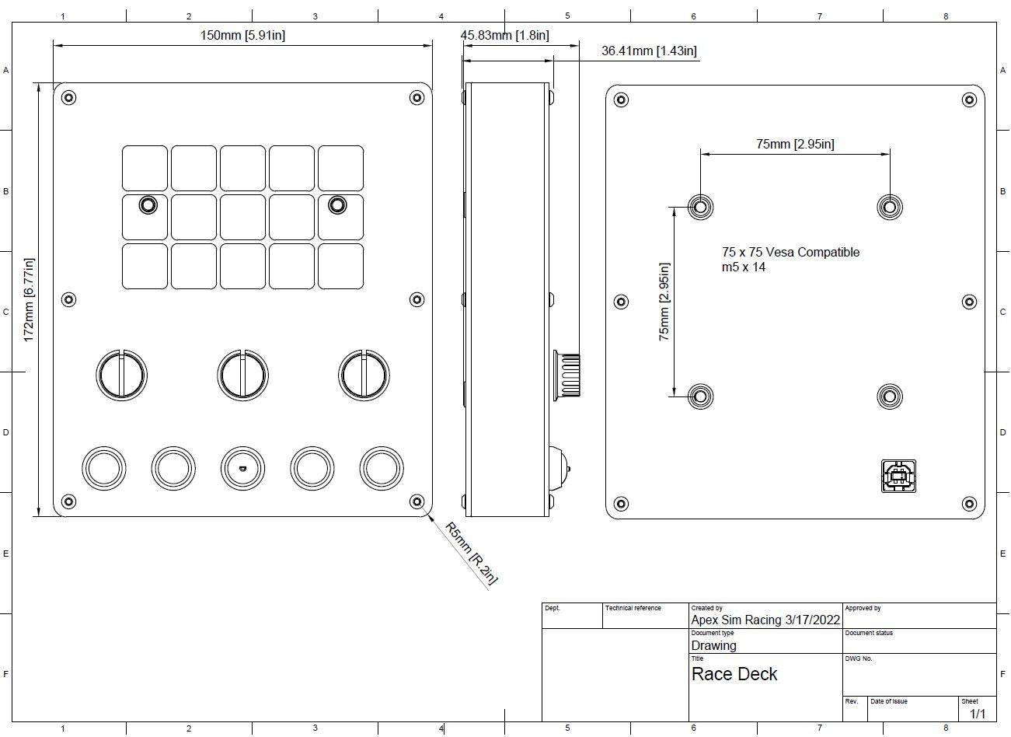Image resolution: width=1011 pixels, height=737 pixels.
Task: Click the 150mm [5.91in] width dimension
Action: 242,35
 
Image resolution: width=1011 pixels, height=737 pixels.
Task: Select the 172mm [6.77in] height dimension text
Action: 29,299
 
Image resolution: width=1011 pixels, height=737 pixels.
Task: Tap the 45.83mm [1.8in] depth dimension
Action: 504,35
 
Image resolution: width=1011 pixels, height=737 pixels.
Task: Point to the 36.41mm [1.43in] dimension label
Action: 649,51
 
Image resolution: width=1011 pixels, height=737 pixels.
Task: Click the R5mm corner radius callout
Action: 471,553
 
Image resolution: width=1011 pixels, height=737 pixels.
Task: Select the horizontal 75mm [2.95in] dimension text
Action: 795,144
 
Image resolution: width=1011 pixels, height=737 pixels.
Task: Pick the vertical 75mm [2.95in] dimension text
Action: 664,302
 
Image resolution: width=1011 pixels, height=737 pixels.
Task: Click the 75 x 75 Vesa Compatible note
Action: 790,252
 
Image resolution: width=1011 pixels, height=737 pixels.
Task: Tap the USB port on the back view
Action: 898,476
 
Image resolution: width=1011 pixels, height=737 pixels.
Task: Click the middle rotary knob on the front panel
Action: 243,375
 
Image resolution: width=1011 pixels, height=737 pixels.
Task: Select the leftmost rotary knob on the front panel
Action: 121,375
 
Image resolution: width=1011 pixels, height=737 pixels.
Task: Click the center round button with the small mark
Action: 242,469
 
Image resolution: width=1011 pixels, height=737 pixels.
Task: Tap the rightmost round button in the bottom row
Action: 381,469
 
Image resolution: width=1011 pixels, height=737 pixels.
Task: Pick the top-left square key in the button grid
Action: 145,168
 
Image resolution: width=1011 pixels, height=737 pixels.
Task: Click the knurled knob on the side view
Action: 567,375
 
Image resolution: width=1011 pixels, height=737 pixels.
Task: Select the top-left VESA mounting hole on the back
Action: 700,207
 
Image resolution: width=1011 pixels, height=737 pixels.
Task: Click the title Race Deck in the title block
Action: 734,674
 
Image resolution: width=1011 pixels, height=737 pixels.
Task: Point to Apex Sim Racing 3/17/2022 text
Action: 765,620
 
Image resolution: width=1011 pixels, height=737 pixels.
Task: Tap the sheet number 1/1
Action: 977,714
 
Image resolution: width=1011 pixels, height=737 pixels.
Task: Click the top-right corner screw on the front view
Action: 417,98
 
